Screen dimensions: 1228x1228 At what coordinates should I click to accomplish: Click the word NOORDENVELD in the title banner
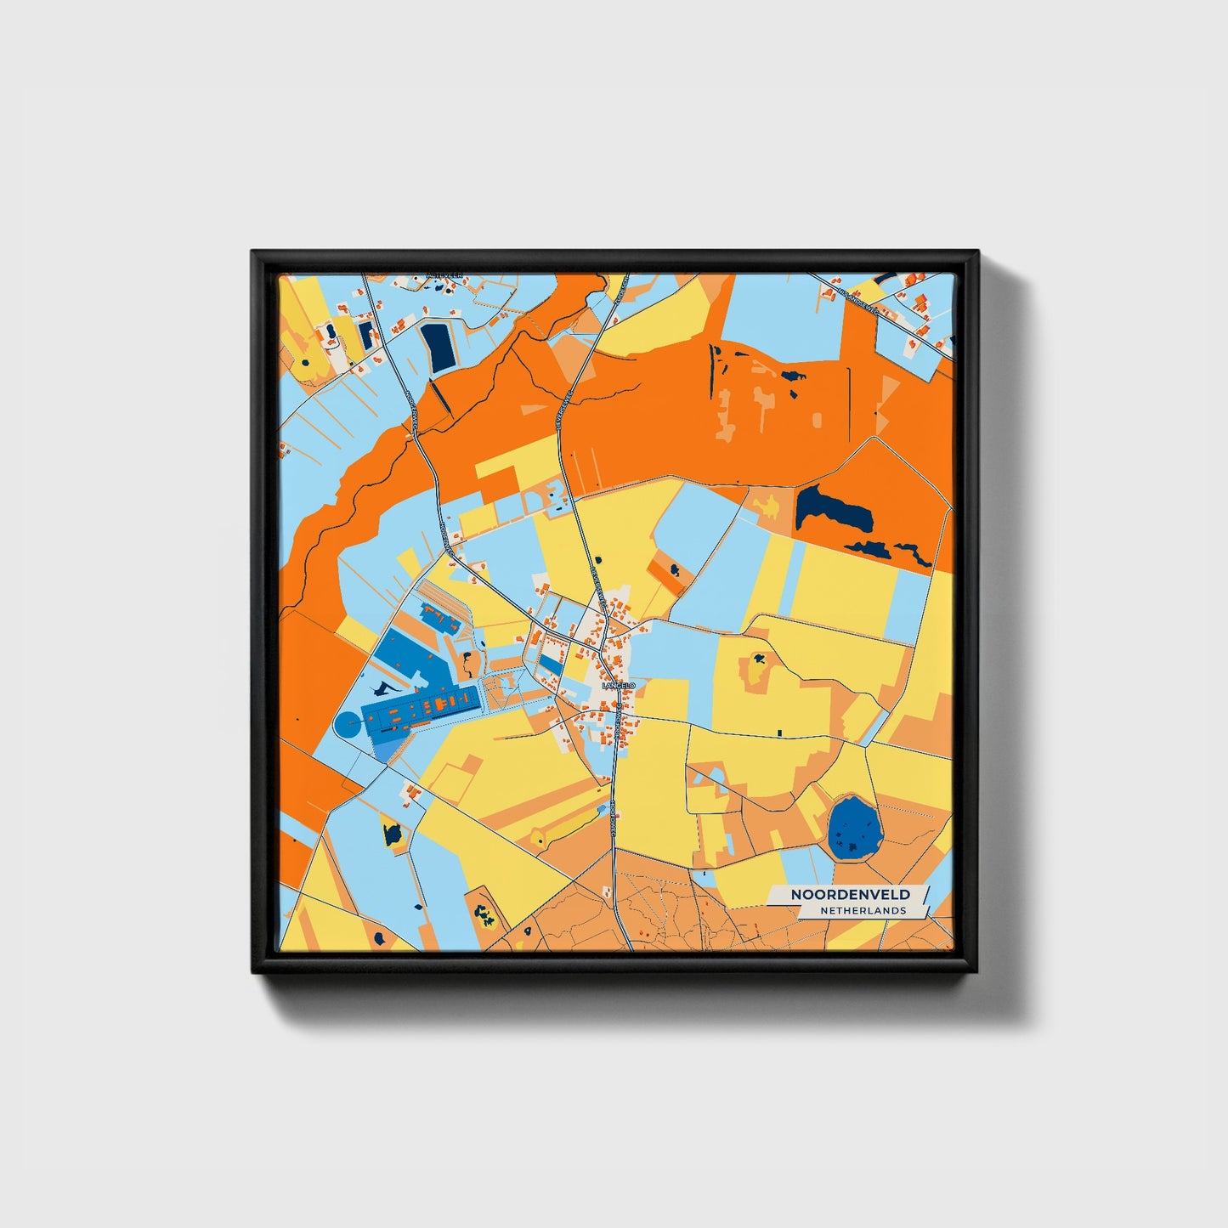(850, 894)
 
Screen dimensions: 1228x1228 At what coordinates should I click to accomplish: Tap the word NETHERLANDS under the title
(863, 910)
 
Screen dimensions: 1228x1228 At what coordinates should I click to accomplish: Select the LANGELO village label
(617, 685)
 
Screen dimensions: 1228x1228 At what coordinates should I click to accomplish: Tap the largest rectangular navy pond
(439, 347)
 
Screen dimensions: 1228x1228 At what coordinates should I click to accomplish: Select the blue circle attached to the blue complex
(348, 726)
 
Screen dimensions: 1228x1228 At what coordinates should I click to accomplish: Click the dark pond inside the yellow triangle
(393, 833)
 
